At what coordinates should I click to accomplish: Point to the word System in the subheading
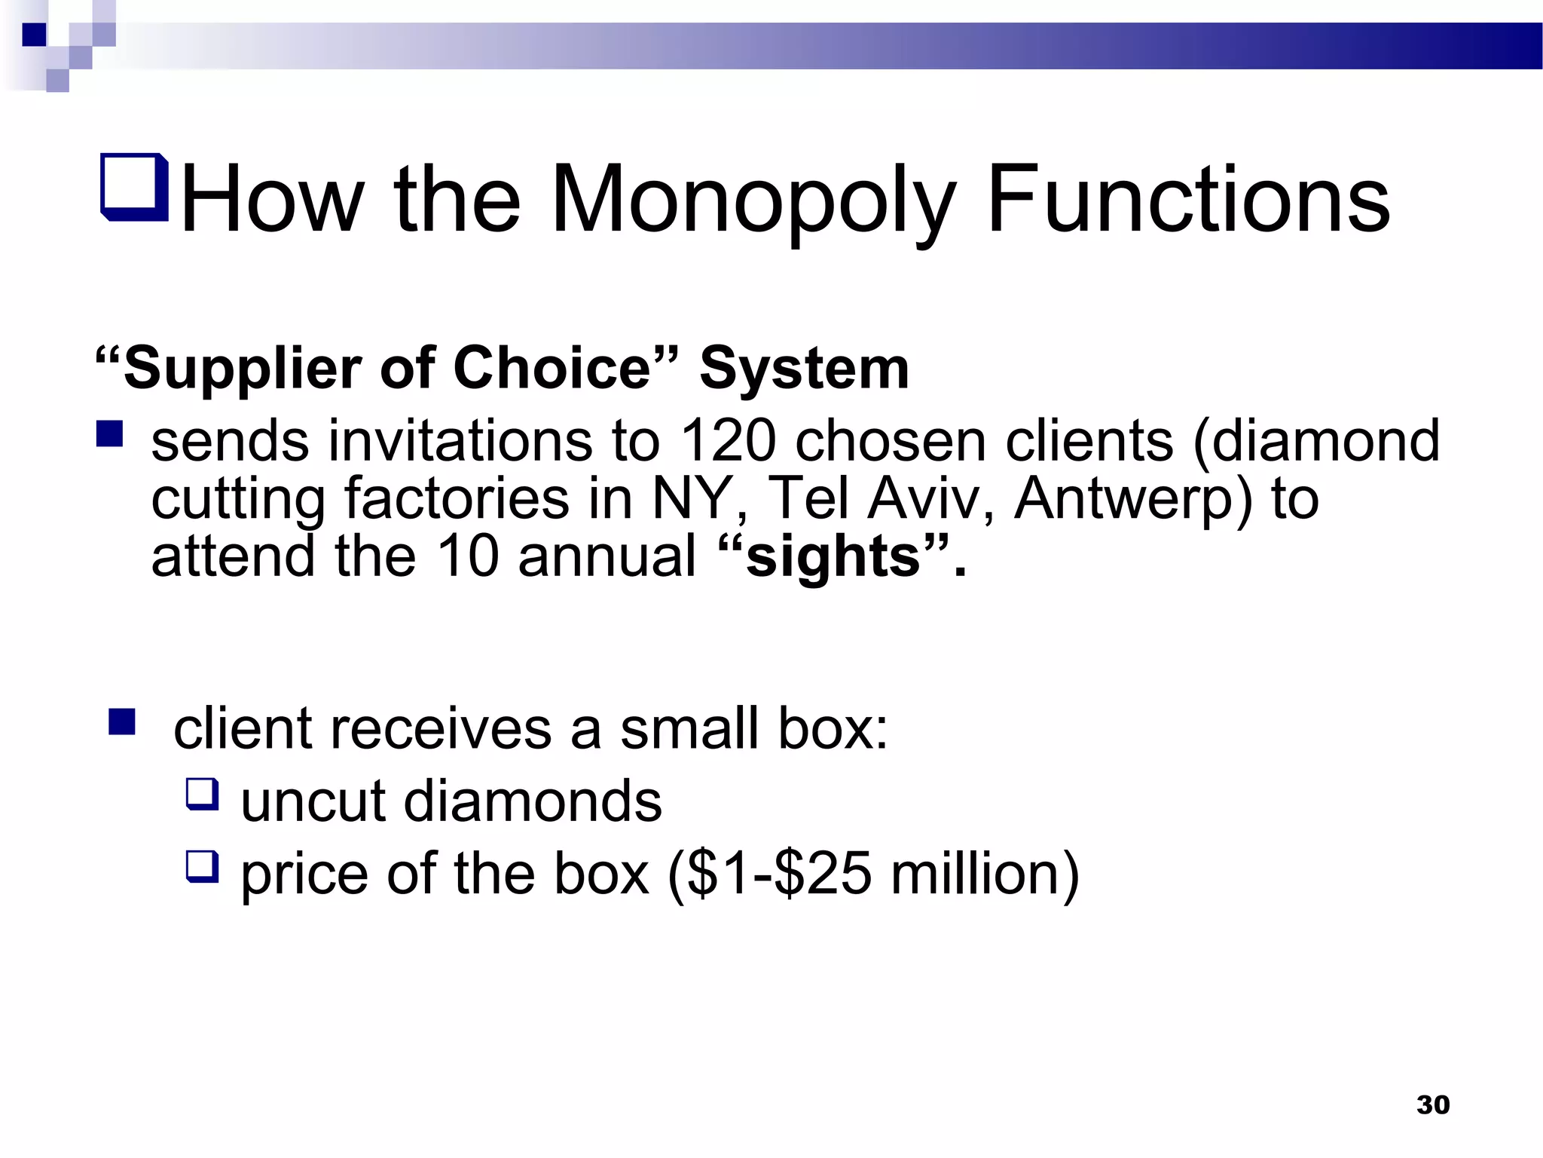click(804, 369)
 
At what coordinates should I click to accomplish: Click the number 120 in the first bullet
click(727, 440)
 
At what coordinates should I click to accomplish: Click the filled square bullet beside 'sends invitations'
click(110, 434)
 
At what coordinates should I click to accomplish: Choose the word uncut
click(313, 801)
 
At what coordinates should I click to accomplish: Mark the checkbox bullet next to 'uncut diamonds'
click(202, 794)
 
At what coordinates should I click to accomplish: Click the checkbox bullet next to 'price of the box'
click(202, 866)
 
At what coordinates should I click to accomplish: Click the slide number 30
click(1432, 1104)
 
